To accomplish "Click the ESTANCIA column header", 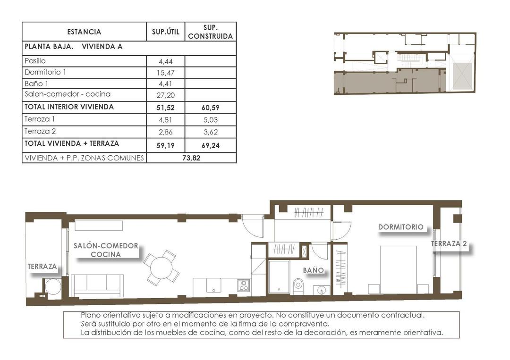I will point(84,32).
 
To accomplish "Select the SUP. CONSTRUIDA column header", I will point(210,32).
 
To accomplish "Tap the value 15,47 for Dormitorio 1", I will point(165,73).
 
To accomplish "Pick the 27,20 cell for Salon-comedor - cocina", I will point(165,94).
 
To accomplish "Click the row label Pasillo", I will point(35,61).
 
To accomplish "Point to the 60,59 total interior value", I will point(210,108).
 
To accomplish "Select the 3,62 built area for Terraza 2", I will point(210,133).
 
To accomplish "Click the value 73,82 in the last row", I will point(191,159).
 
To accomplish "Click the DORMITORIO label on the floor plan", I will point(400,227).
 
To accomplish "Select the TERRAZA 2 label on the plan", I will point(449,244).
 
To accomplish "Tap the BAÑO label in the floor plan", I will point(314,270).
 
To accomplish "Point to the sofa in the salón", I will point(97,285).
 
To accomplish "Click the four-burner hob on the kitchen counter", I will point(244,285).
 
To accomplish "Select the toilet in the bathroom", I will point(298,285).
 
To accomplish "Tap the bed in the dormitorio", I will point(399,269).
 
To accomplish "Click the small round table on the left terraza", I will point(53,286).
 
